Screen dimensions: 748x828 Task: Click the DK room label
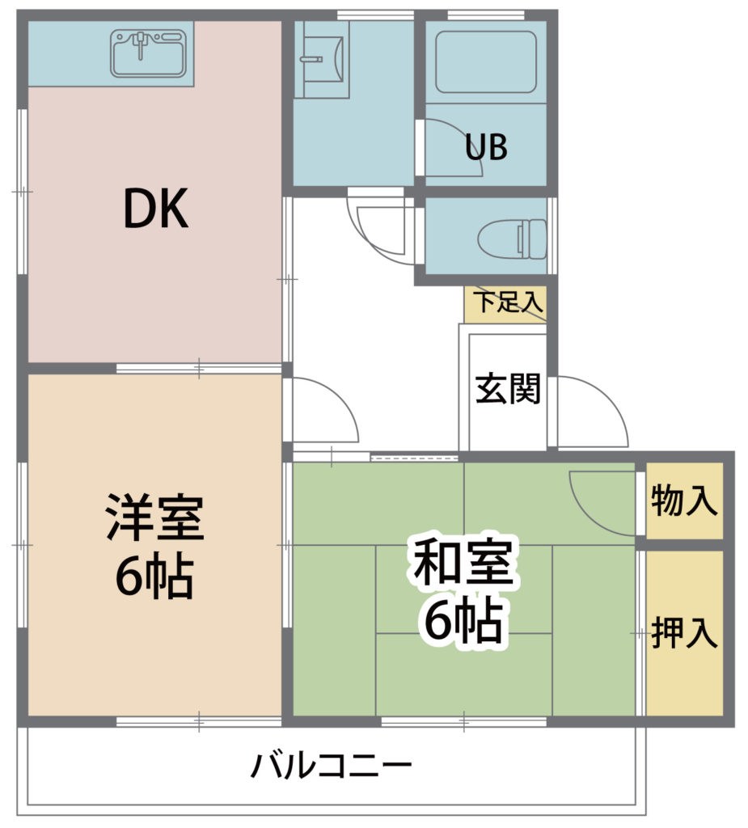coord(156,209)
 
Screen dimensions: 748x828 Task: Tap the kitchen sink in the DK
coord(149,53)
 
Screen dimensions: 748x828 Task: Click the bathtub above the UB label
coord(486,61)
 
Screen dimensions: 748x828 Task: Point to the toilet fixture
coord(511,239)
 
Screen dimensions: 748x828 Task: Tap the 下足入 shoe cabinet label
coord(508,302)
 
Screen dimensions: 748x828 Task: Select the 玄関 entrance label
coord(508,389)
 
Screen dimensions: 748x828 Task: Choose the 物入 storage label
coord(684,501)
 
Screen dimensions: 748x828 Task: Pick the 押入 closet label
coord(684,632)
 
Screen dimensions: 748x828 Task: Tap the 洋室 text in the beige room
coord(154,517)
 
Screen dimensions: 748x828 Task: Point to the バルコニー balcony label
coord(332,766)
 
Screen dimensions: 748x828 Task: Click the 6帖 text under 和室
coord(463,619)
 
